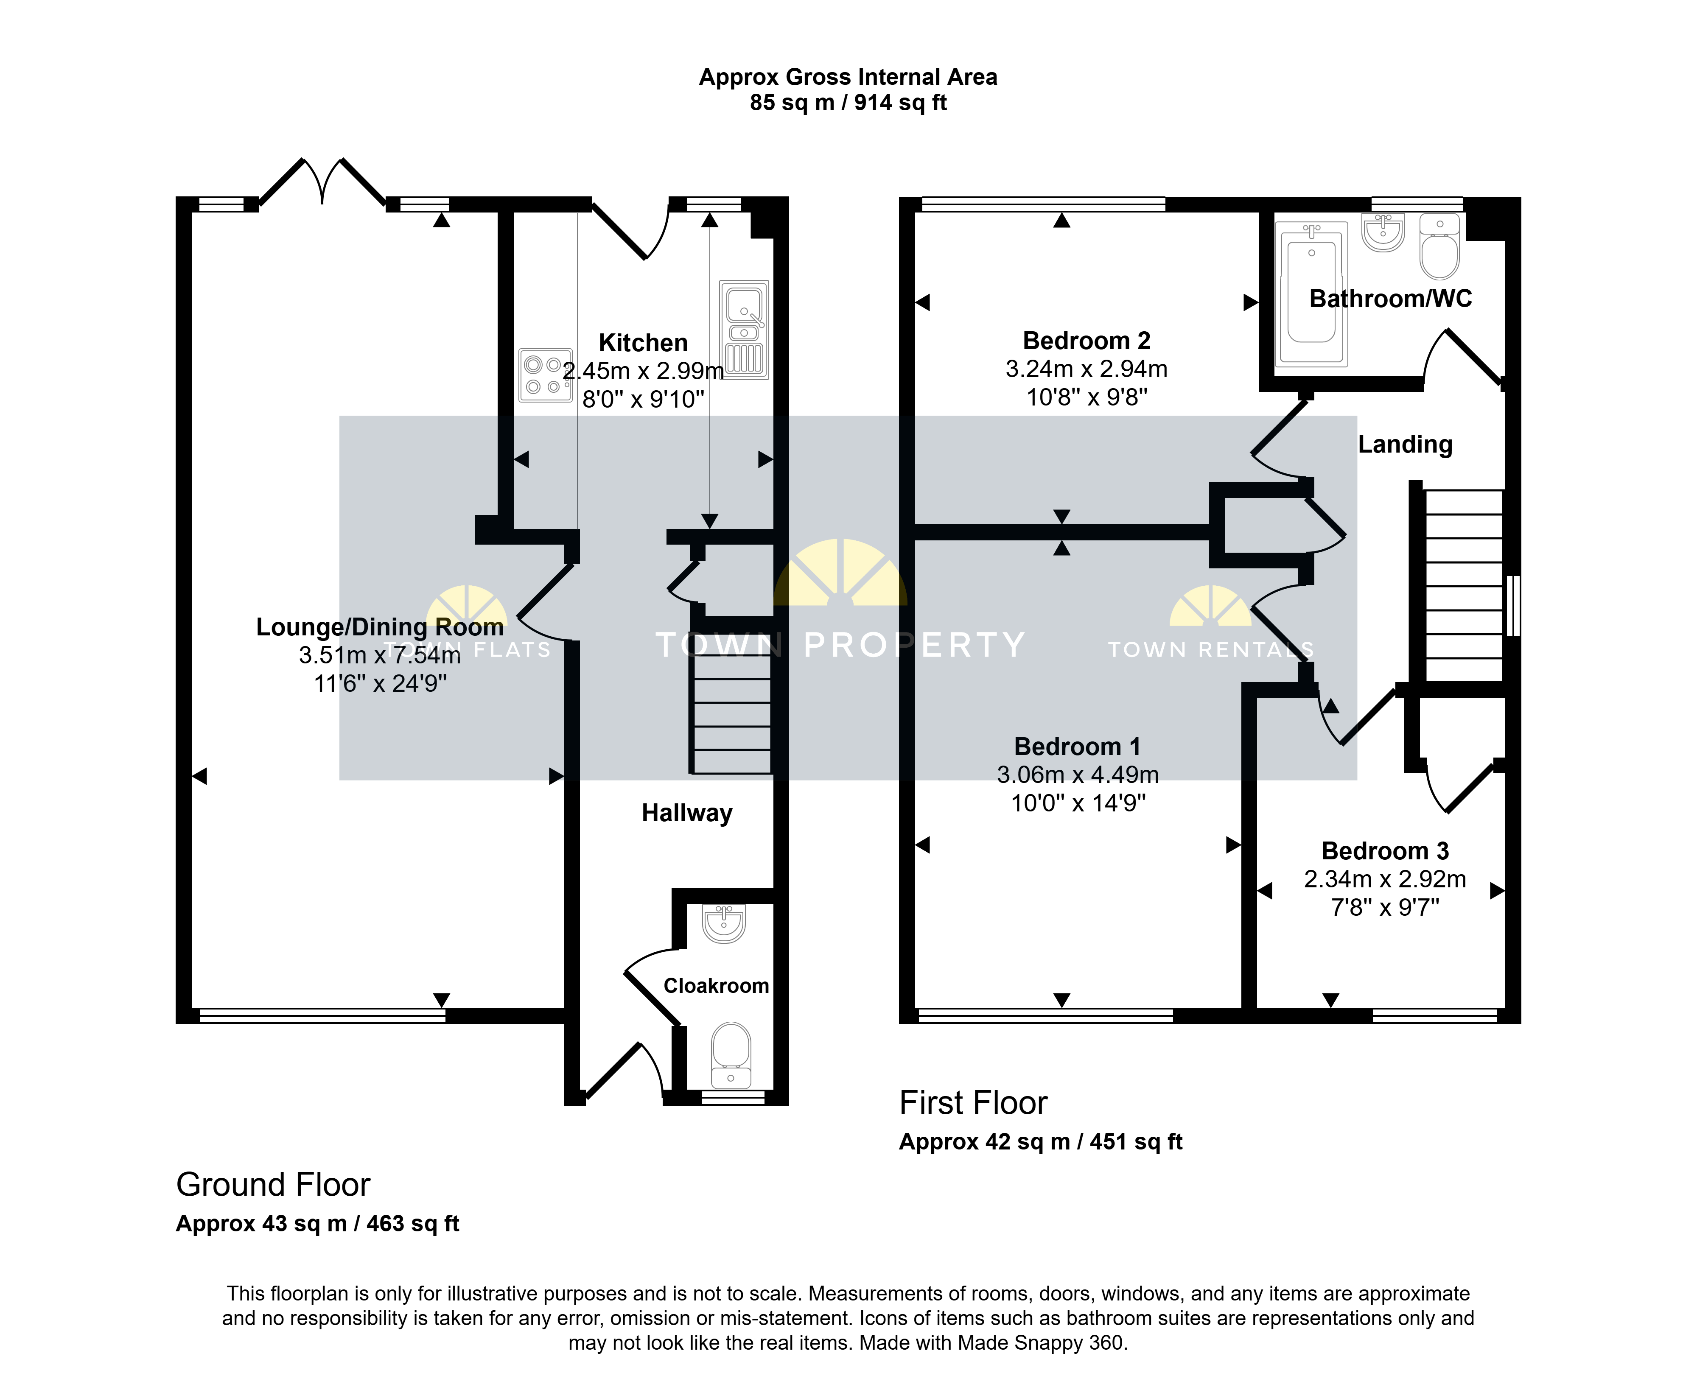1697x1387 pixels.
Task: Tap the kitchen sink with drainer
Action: pyautogui.click(x=744, y=329)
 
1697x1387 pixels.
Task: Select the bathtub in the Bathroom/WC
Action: pyautogui.click(x=1311, y=294)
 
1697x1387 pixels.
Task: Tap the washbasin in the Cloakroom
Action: pyautogui.click(x=724, y=923)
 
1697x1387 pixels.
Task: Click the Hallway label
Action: pyautogui.click(x=687, y=814)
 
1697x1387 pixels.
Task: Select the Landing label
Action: pyautogui.click(x=1406, y=444)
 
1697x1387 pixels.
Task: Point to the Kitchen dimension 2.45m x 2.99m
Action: pyautogui.click(x=643, y=371)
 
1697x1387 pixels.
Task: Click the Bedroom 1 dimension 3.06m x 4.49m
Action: pyautogui.click(x=1078, y=774)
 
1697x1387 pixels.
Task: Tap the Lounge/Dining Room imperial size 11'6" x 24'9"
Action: pyautogui.click(x=380, y=684)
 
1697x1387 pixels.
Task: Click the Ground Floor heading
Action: pyautogui.click(x=273, y=1184)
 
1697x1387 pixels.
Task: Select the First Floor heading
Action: pyautogui.click(x=973, y=1102)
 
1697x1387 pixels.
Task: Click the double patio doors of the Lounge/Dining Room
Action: pyautogui.click(x=323, y=182)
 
